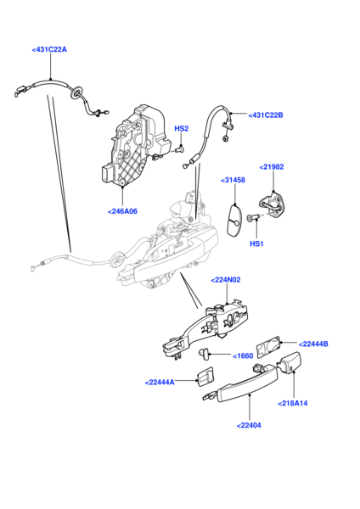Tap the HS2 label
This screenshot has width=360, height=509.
tap(182, 129)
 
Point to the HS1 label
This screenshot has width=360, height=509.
tap(256, 243)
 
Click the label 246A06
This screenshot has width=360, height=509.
tap(122, 211)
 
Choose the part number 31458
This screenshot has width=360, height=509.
tap(233, 180)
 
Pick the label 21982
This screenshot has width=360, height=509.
tap(272, 167)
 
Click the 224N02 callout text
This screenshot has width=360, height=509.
tap(226, 280)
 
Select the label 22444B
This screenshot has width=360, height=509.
tap(313, 344)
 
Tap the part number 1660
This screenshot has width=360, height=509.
tap(243, 355)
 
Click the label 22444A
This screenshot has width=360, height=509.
tap(160, 383)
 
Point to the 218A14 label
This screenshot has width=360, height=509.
tap(293, 403)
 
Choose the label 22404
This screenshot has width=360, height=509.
tap(249, 425)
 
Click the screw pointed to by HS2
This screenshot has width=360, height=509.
tap(178, 150)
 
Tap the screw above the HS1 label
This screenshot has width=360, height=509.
tap(252, 217)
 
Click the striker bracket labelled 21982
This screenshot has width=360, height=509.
tap(273, 203)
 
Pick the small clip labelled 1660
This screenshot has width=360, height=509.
tap(203, 354)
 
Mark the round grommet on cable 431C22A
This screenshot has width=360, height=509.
tap(76, 92)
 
